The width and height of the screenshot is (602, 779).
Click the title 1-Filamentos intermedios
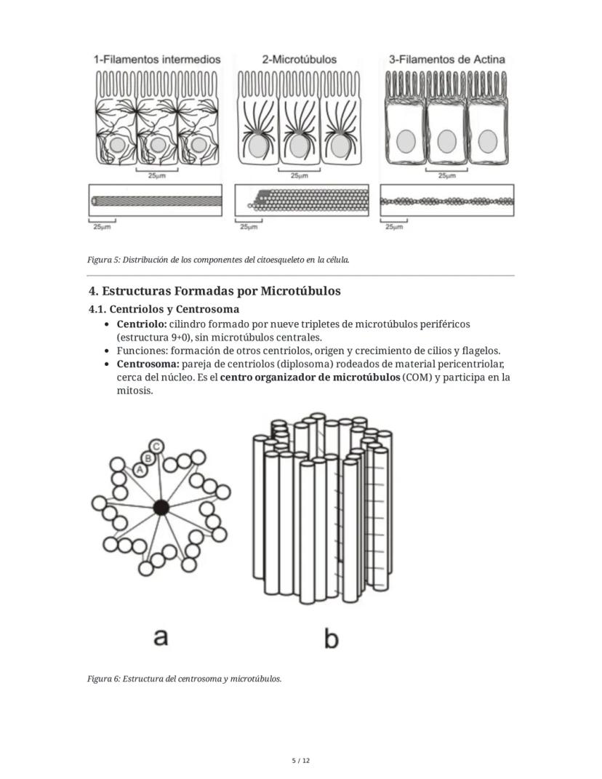pos(156,60)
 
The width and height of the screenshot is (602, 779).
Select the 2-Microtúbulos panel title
pos(299,60)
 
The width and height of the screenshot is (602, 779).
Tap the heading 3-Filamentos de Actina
pos(446,60)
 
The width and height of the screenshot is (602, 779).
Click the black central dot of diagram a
pos(161,508)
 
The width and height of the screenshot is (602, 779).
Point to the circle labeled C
pos(156,446)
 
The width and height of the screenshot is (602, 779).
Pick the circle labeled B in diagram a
pos(148,458)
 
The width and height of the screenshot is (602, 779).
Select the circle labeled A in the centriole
pos(140,471)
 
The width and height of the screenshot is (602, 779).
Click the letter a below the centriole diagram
pos(161,636)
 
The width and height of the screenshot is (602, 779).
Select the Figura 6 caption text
pos(184,679)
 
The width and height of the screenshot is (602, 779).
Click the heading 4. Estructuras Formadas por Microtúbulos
pos(214,291)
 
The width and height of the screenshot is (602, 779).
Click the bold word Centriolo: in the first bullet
pos(141,324)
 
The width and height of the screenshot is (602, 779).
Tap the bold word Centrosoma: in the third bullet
pos(148,364)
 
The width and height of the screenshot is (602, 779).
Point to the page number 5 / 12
pos(300,761)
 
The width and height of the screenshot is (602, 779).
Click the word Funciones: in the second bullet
pos(142,351)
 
